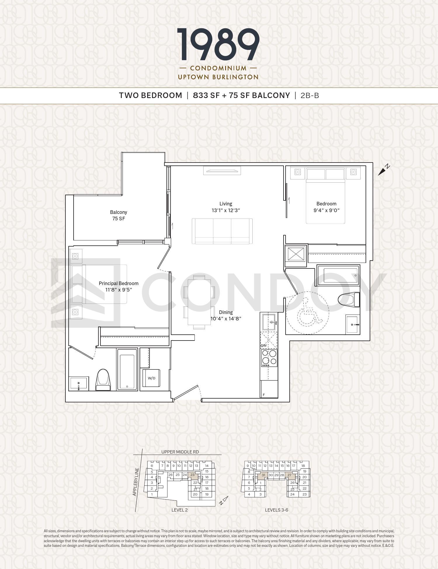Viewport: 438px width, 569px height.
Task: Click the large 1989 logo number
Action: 218,45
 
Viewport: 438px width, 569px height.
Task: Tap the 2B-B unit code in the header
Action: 310,95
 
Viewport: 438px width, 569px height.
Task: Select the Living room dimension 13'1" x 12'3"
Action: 226,210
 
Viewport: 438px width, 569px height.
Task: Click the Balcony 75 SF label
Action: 119,215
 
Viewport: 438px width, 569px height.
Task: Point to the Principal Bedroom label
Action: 119,283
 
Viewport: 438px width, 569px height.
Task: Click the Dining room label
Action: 226,312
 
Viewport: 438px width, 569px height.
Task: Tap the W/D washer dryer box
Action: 151,378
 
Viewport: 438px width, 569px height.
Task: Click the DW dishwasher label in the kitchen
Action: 263,345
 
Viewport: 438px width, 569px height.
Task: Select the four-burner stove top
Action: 269,358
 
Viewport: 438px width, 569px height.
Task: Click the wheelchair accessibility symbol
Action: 309,315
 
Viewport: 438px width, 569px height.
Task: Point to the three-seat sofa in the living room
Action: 222,231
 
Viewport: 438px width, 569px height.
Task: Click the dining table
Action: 199,302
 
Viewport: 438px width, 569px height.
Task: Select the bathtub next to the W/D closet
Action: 127,369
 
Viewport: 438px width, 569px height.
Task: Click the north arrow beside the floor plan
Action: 384,170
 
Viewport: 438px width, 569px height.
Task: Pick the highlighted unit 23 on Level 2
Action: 192,475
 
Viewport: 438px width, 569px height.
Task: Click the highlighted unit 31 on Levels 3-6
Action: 263,475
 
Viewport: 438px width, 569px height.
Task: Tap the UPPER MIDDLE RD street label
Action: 180,452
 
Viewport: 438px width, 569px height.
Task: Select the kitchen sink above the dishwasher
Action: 269,322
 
